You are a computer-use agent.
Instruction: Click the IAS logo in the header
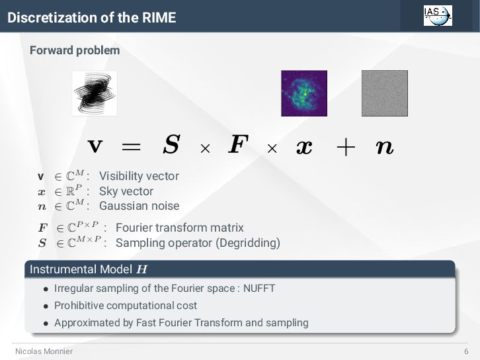[438, 15]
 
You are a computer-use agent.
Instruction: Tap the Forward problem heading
[75, 50]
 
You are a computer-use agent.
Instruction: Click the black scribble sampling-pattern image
[95, 93]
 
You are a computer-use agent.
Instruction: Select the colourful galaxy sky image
[304, 93]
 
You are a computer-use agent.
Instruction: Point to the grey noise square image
[384, 93]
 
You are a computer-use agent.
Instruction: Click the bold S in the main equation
[171, 146]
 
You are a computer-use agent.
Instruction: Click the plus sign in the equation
[344, 147]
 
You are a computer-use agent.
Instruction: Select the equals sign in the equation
[131, 147]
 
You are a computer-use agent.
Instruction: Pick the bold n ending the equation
[384, 147]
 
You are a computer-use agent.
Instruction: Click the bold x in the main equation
[304, 147]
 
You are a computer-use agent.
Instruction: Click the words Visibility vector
[139, 176]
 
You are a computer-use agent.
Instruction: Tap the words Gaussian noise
[139, 206]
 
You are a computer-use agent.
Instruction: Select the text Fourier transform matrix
[180, 228]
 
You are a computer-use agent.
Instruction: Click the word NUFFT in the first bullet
[259, 289]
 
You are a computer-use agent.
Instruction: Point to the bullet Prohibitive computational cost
[126, 306]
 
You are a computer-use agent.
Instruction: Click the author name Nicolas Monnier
[44, 351]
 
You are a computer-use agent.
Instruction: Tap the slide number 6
[466, 351]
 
